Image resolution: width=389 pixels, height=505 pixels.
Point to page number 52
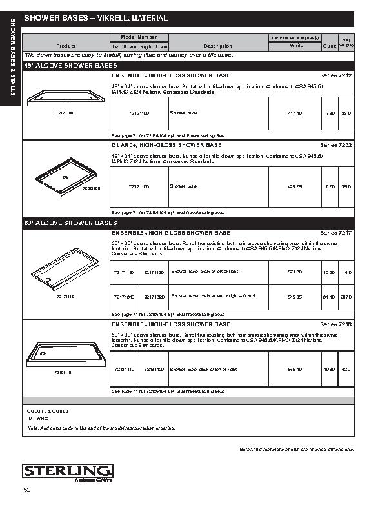click(27, 491)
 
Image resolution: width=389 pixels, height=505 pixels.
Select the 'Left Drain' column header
click(125, 46)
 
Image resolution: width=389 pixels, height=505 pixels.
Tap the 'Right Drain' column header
click(154, 46)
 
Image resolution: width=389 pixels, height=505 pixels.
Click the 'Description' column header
click(217, 46)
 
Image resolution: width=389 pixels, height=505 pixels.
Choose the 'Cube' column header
click(329, 46)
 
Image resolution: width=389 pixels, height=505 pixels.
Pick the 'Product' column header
click(66, 46)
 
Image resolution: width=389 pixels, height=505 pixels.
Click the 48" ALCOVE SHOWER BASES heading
click(70, 66)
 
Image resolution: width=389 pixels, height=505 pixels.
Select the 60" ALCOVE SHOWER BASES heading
click(70, 223)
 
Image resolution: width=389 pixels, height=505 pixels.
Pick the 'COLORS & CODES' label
click(47, 411)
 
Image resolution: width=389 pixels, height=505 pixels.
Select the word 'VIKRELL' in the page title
click(112, 19)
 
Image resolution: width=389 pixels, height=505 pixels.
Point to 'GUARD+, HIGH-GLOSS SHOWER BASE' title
click(167, 145)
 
